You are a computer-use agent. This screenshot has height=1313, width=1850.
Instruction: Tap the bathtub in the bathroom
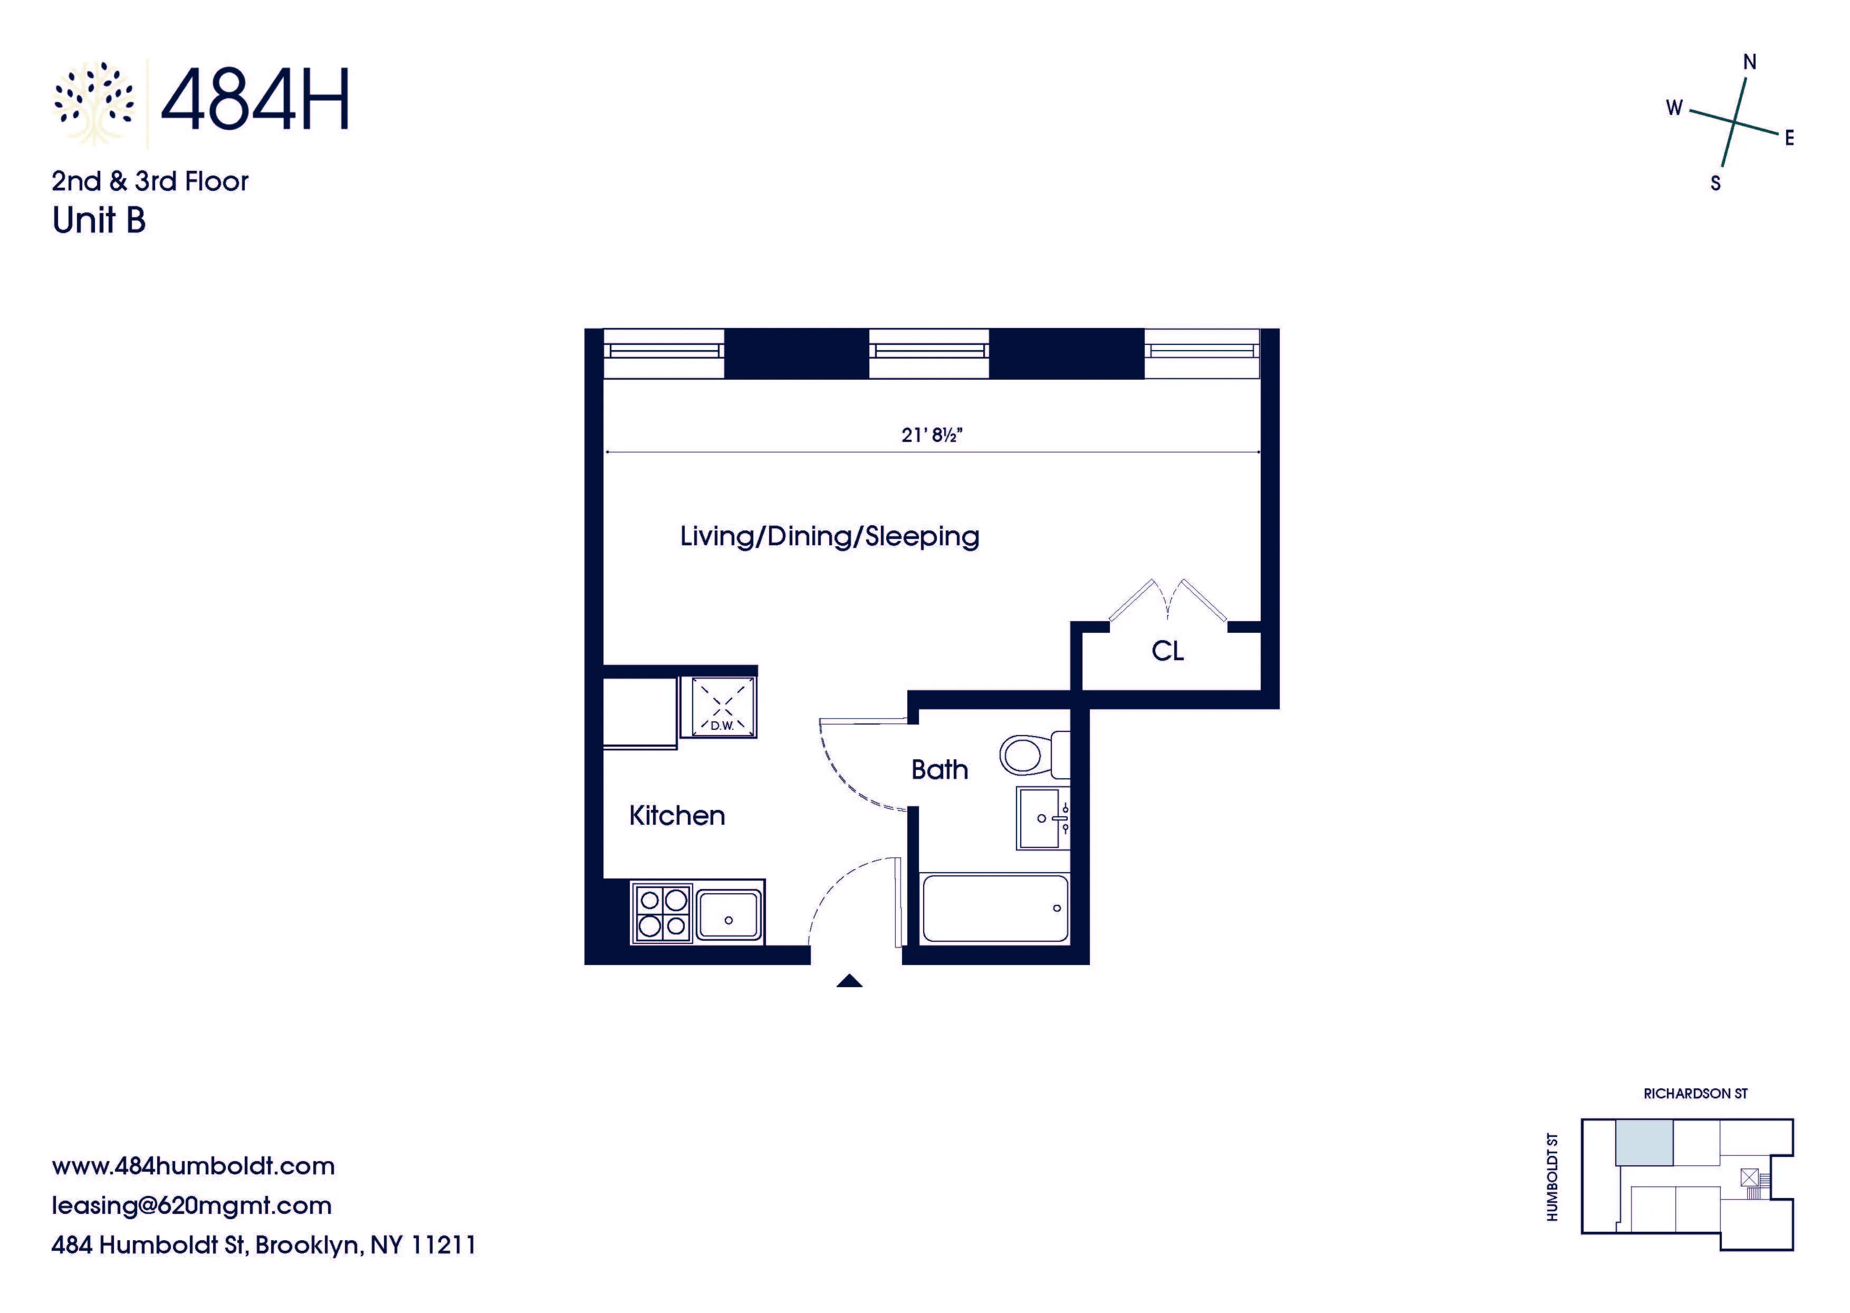994,908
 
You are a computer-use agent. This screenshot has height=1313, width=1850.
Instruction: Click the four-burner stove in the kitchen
662,913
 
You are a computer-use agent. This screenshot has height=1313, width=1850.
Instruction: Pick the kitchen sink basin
729,914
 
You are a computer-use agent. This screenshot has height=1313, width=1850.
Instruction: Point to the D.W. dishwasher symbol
719,707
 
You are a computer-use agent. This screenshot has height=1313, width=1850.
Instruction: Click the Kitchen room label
677,815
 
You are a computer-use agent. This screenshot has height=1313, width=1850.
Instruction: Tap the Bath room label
939,769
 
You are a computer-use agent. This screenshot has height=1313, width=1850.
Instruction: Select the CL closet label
1167,651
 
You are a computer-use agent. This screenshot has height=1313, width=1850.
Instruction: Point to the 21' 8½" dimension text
932,435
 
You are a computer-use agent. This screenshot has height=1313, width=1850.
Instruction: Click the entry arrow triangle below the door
849,981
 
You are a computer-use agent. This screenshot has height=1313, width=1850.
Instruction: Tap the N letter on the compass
1749,62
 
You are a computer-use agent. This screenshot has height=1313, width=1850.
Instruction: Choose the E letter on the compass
1789,138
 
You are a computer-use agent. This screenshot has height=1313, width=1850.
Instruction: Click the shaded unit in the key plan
1644,1142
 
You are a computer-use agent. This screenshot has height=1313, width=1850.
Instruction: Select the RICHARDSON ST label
1695,1093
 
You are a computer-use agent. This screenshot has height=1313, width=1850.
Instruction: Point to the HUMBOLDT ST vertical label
1551,1176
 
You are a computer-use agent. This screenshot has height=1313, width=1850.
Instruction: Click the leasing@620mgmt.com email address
191,1205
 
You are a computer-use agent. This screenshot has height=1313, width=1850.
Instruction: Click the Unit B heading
99,220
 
